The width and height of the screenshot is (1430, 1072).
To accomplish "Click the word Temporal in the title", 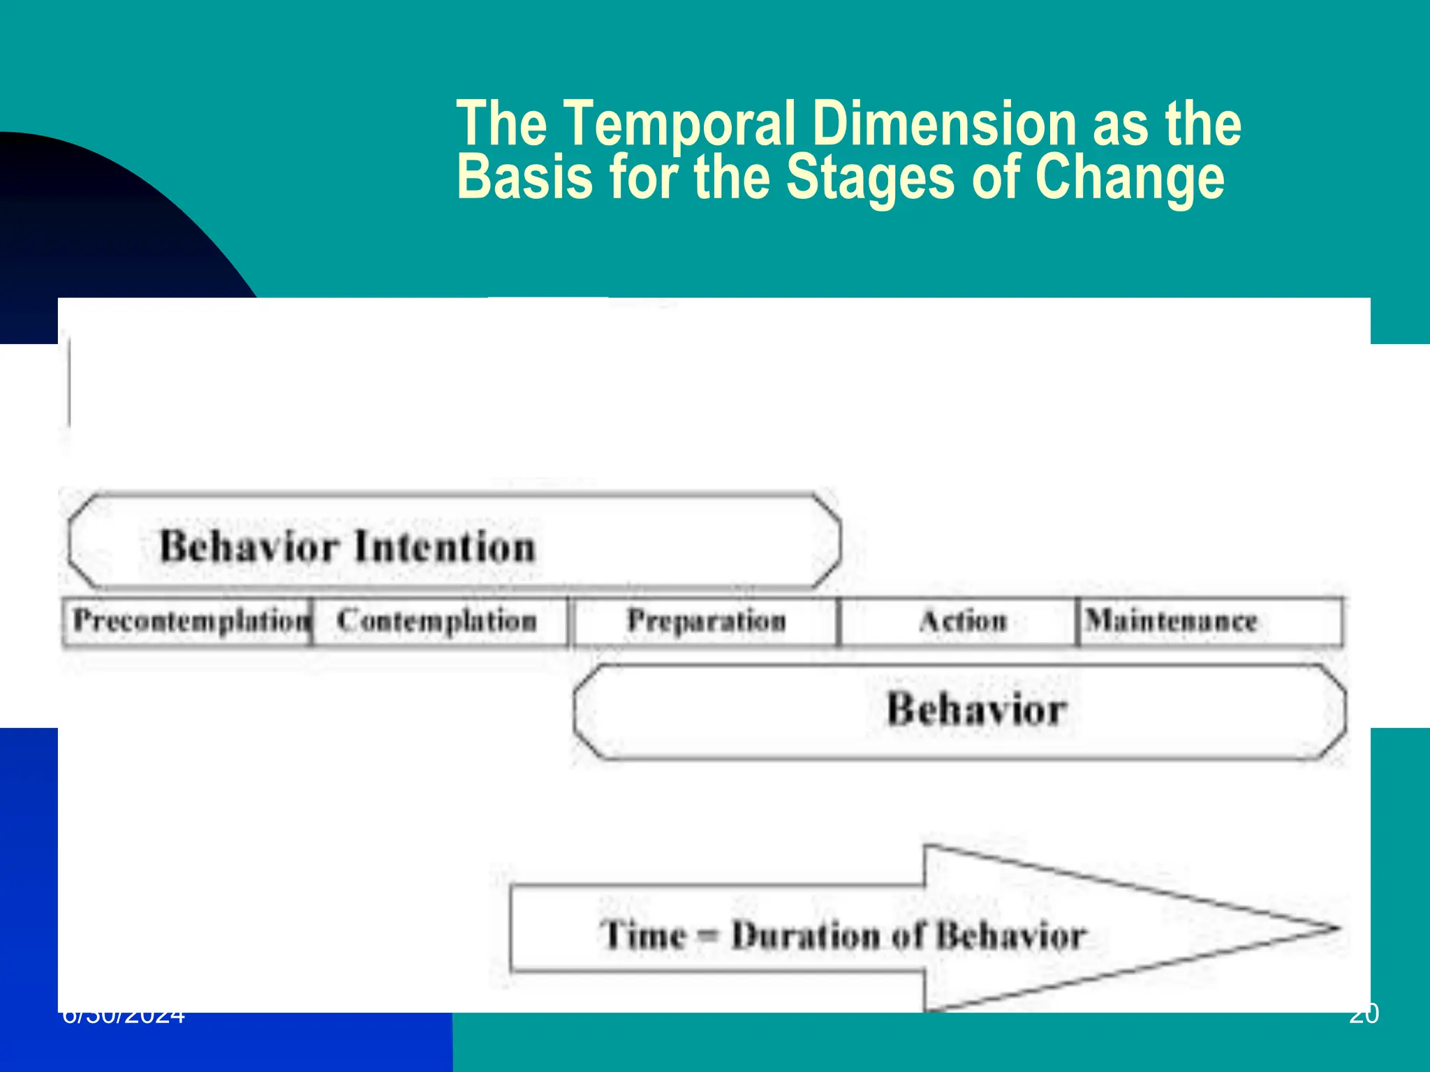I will tap(678, 124).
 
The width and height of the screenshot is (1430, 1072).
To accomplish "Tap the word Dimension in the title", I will tap(944, 124).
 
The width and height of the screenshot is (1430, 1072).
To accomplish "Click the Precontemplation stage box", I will tap(189, 620).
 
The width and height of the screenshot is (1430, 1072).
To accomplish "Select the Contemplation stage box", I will tap(438, 620).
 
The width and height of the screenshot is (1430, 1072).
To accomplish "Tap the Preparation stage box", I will tap(706, 620).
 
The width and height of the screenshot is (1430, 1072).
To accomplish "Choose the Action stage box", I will tap(962, 620).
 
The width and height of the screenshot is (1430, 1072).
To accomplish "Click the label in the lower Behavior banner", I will tap(976, 710).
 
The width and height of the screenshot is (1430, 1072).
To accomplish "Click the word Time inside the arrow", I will tap(643, 935).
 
